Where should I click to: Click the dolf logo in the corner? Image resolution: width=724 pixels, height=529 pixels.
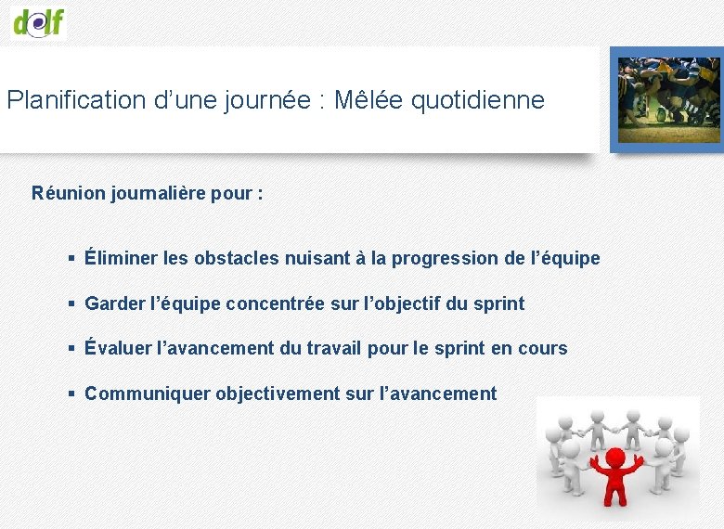(x=38, y=20)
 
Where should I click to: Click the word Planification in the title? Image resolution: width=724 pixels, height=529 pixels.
(x=76, y=100)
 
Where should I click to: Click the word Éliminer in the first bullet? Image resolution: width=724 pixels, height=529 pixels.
(x=121, y=258)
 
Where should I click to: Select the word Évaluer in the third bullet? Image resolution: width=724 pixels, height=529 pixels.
(x=119, y=348)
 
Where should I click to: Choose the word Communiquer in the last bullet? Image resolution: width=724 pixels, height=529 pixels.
(x=148, y=394)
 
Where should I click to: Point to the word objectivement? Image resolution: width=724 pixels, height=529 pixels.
(x=278, y=394)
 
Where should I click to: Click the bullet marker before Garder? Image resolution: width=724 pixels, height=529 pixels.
(x=71, y=303)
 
